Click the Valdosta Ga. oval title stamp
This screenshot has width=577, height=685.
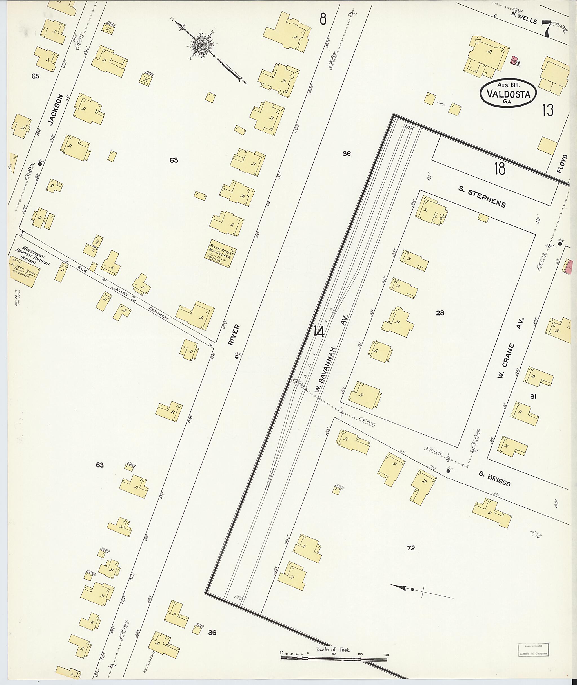pos(508,93)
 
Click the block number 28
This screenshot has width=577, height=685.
pos(440,313)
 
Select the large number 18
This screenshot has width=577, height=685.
pos(500,169)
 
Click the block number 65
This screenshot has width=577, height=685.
pos(35,76)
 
